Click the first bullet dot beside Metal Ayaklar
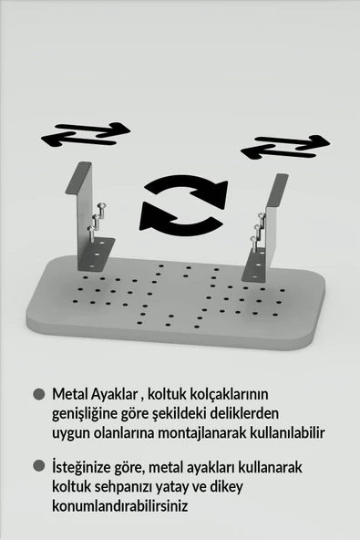[38, 395]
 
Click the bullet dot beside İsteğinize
[38, 466]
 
